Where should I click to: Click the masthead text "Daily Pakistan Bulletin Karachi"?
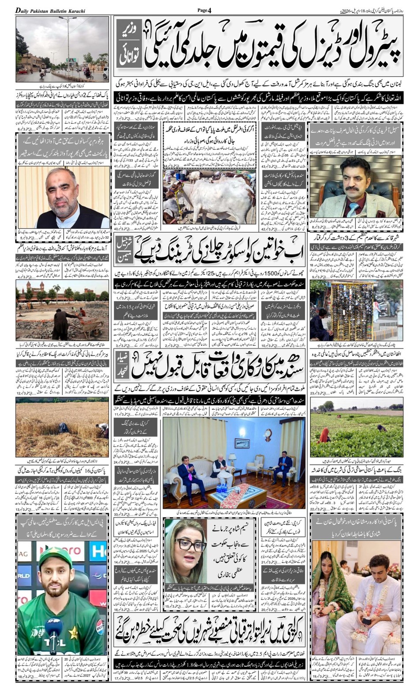click(x=51, y=10)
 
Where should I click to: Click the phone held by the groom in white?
click(x=366, y=620)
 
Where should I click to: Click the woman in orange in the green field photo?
click(x=325, y=435)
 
